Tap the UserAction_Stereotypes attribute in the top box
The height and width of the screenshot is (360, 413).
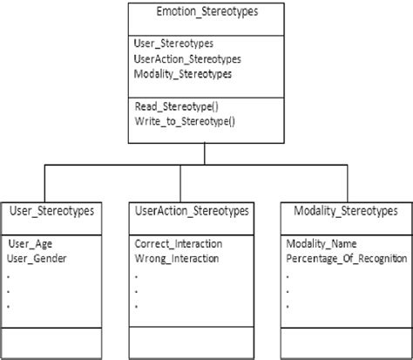[x=187, y=58]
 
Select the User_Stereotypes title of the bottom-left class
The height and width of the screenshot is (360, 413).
[x=51, y=212]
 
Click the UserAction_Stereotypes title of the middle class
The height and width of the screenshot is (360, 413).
[x=192, y=212]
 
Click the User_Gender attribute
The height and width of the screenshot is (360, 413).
[x=37, y=258]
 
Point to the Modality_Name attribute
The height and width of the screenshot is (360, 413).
[x=322, y=243]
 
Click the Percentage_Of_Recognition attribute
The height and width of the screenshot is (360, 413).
[x=347, y=258]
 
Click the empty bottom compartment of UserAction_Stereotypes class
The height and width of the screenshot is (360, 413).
[x=192, y=343]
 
